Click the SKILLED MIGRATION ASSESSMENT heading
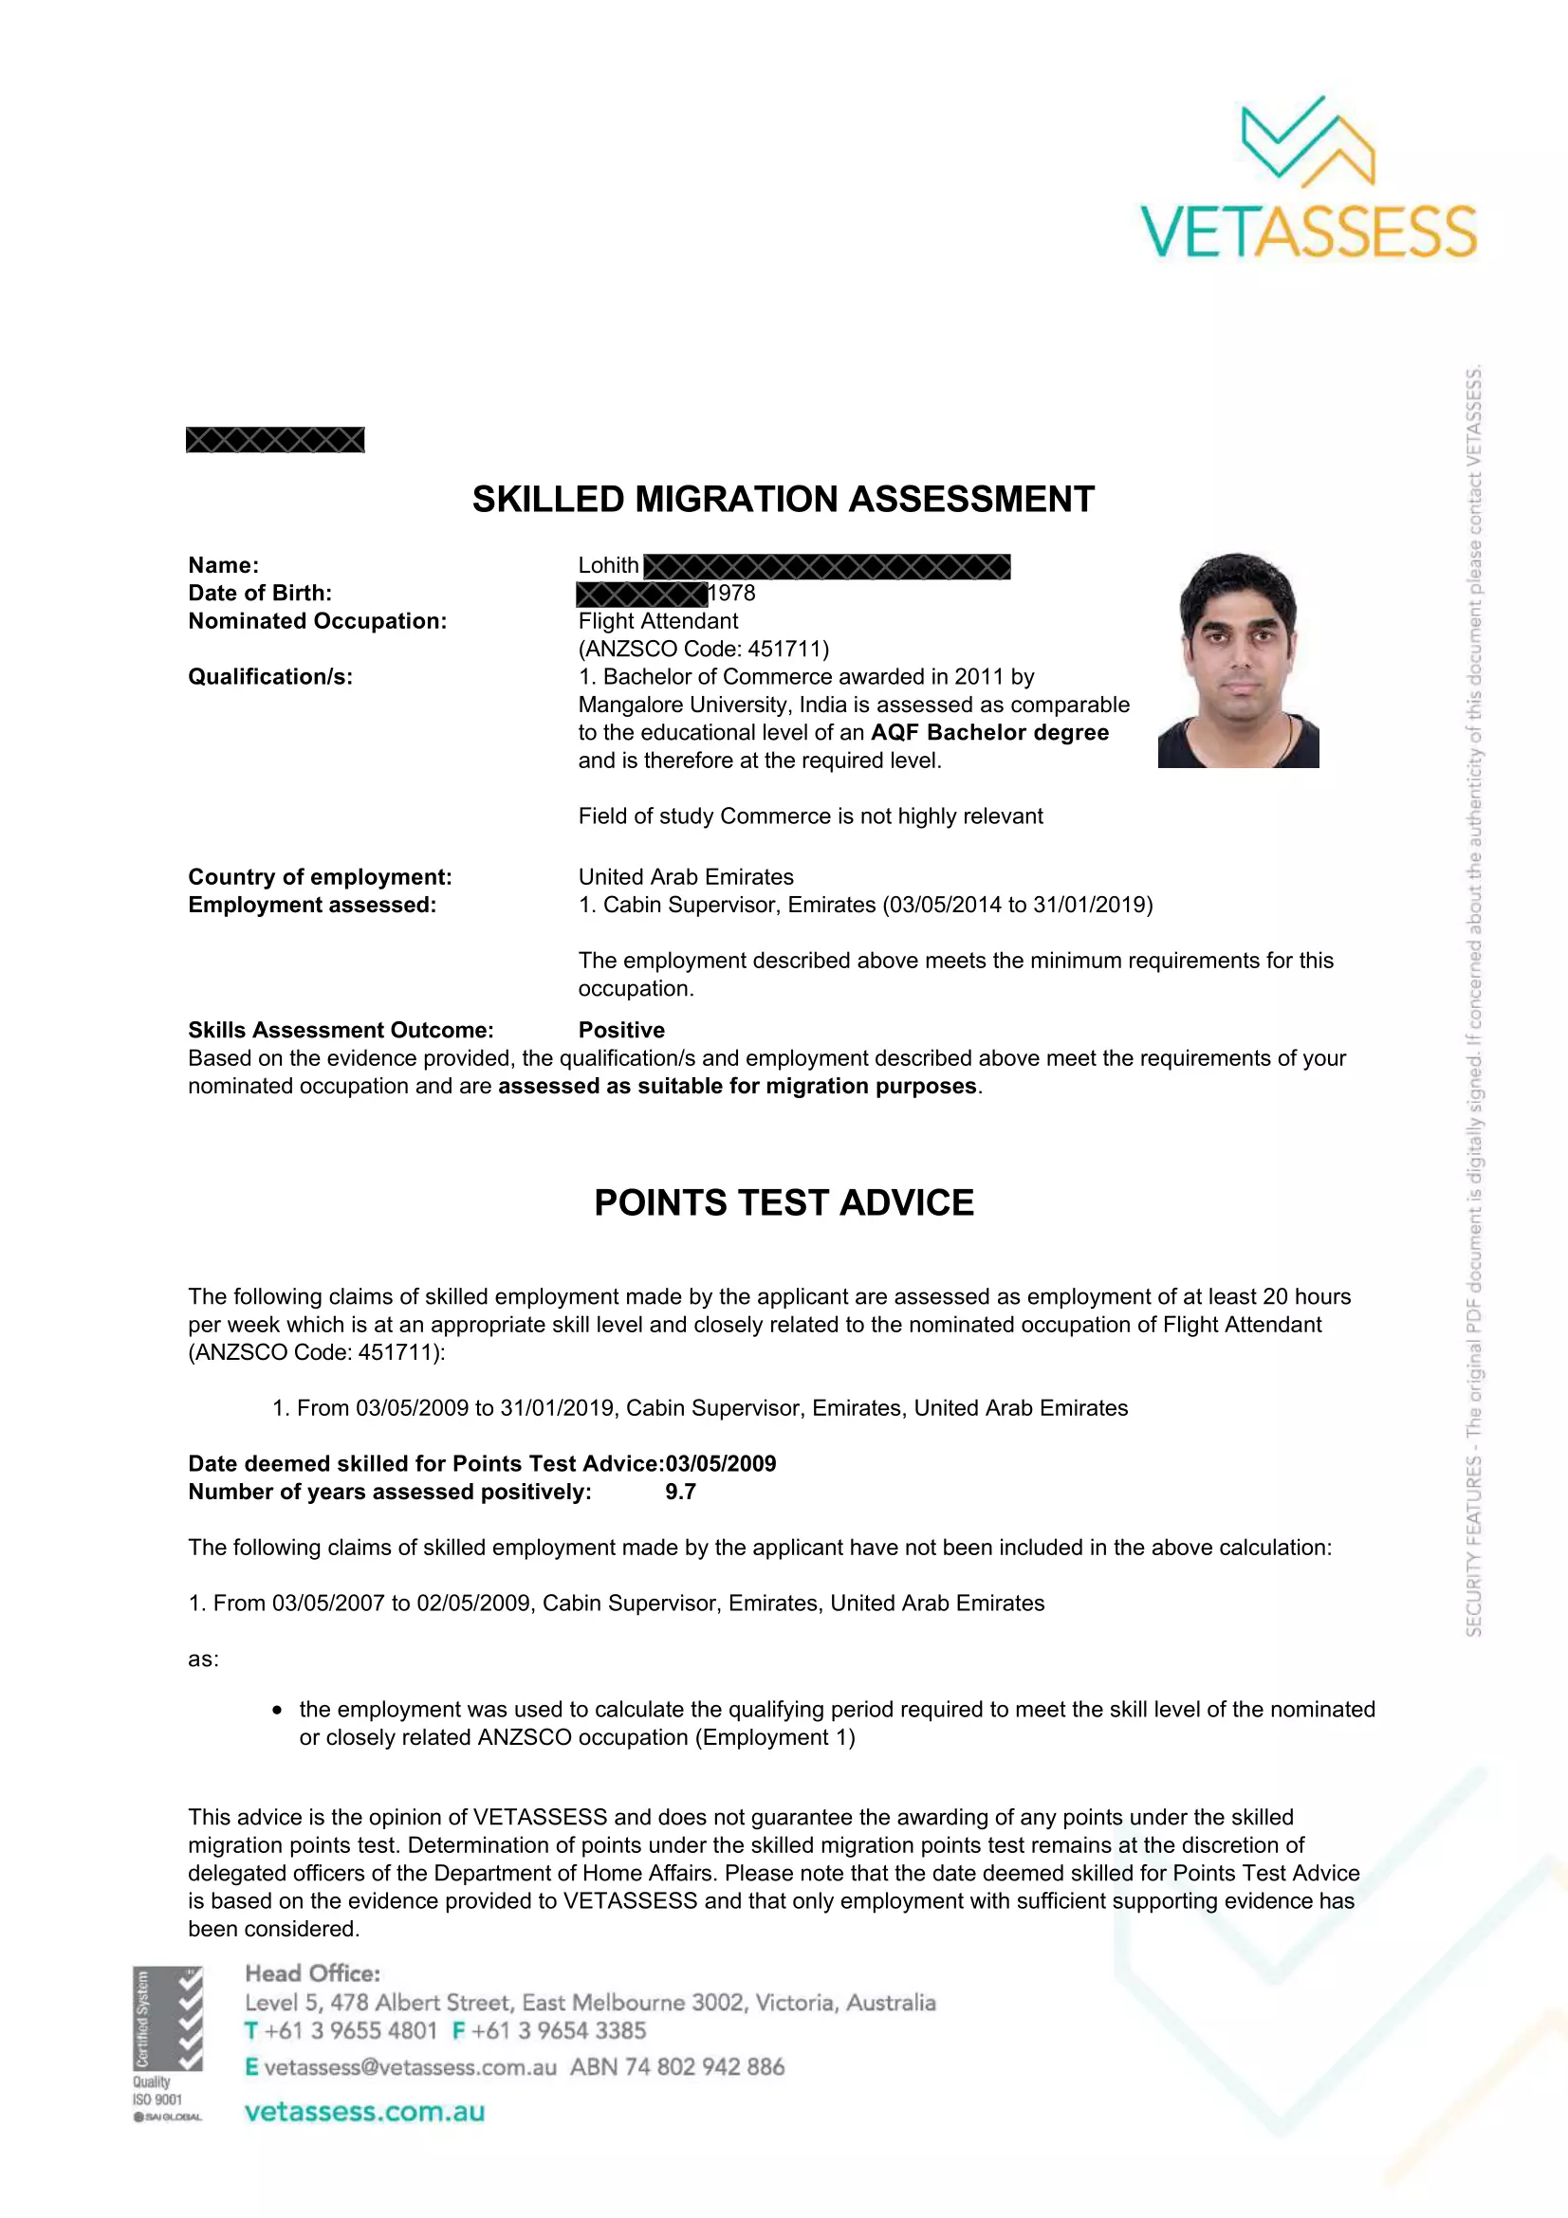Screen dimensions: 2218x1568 click(783, 500)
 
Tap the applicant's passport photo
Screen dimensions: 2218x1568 click(1238, 661)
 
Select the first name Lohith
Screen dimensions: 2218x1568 click(608, 565)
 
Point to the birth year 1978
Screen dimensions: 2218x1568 click(731, 593)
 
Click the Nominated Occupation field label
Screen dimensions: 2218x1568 click(317, 621)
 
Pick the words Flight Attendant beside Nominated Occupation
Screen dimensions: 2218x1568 click(657, 621)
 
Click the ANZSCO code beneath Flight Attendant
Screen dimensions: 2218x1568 click(703, 650)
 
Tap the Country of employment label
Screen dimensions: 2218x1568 click(319, 877)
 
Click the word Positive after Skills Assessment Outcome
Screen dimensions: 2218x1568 click(621, 1030)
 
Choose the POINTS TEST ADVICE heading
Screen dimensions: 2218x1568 click(784, 1202)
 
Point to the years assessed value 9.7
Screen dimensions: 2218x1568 click(680, 1492)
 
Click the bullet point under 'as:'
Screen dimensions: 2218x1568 click(277, 1710)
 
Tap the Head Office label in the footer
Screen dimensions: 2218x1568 click(312, 1973)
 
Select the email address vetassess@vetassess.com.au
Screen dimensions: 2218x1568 click(410, 2067)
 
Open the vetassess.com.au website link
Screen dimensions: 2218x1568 click(364, 2112)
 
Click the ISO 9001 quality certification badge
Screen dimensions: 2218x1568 click(167, 2044)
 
